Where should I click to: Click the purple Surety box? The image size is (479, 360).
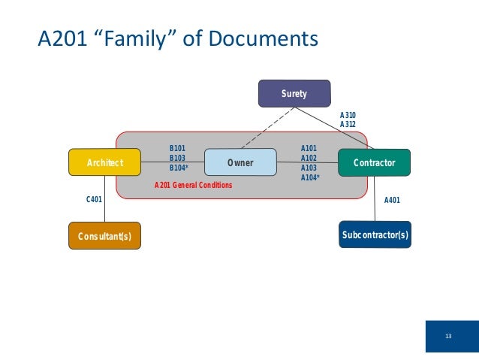point(294,93)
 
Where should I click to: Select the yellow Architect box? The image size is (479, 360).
point(105,162)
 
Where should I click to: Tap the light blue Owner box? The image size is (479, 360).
point(240,162)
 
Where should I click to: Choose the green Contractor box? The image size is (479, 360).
point(375,162)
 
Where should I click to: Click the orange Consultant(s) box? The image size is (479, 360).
point(104,236)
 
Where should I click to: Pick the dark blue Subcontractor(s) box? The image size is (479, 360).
point(375,235)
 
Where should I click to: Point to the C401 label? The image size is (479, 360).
point(95,200)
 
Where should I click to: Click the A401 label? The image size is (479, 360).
point(392,200)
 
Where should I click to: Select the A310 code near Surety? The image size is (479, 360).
point(348,115)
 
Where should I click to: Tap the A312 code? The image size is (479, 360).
point(348,124)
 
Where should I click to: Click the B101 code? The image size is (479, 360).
point(177,149)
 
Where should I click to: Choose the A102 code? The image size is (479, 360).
point(309,159)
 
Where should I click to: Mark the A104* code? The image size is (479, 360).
point(310,177)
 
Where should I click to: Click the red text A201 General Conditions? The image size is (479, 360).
point(193,185)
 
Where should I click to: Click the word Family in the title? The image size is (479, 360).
point(133,38)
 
